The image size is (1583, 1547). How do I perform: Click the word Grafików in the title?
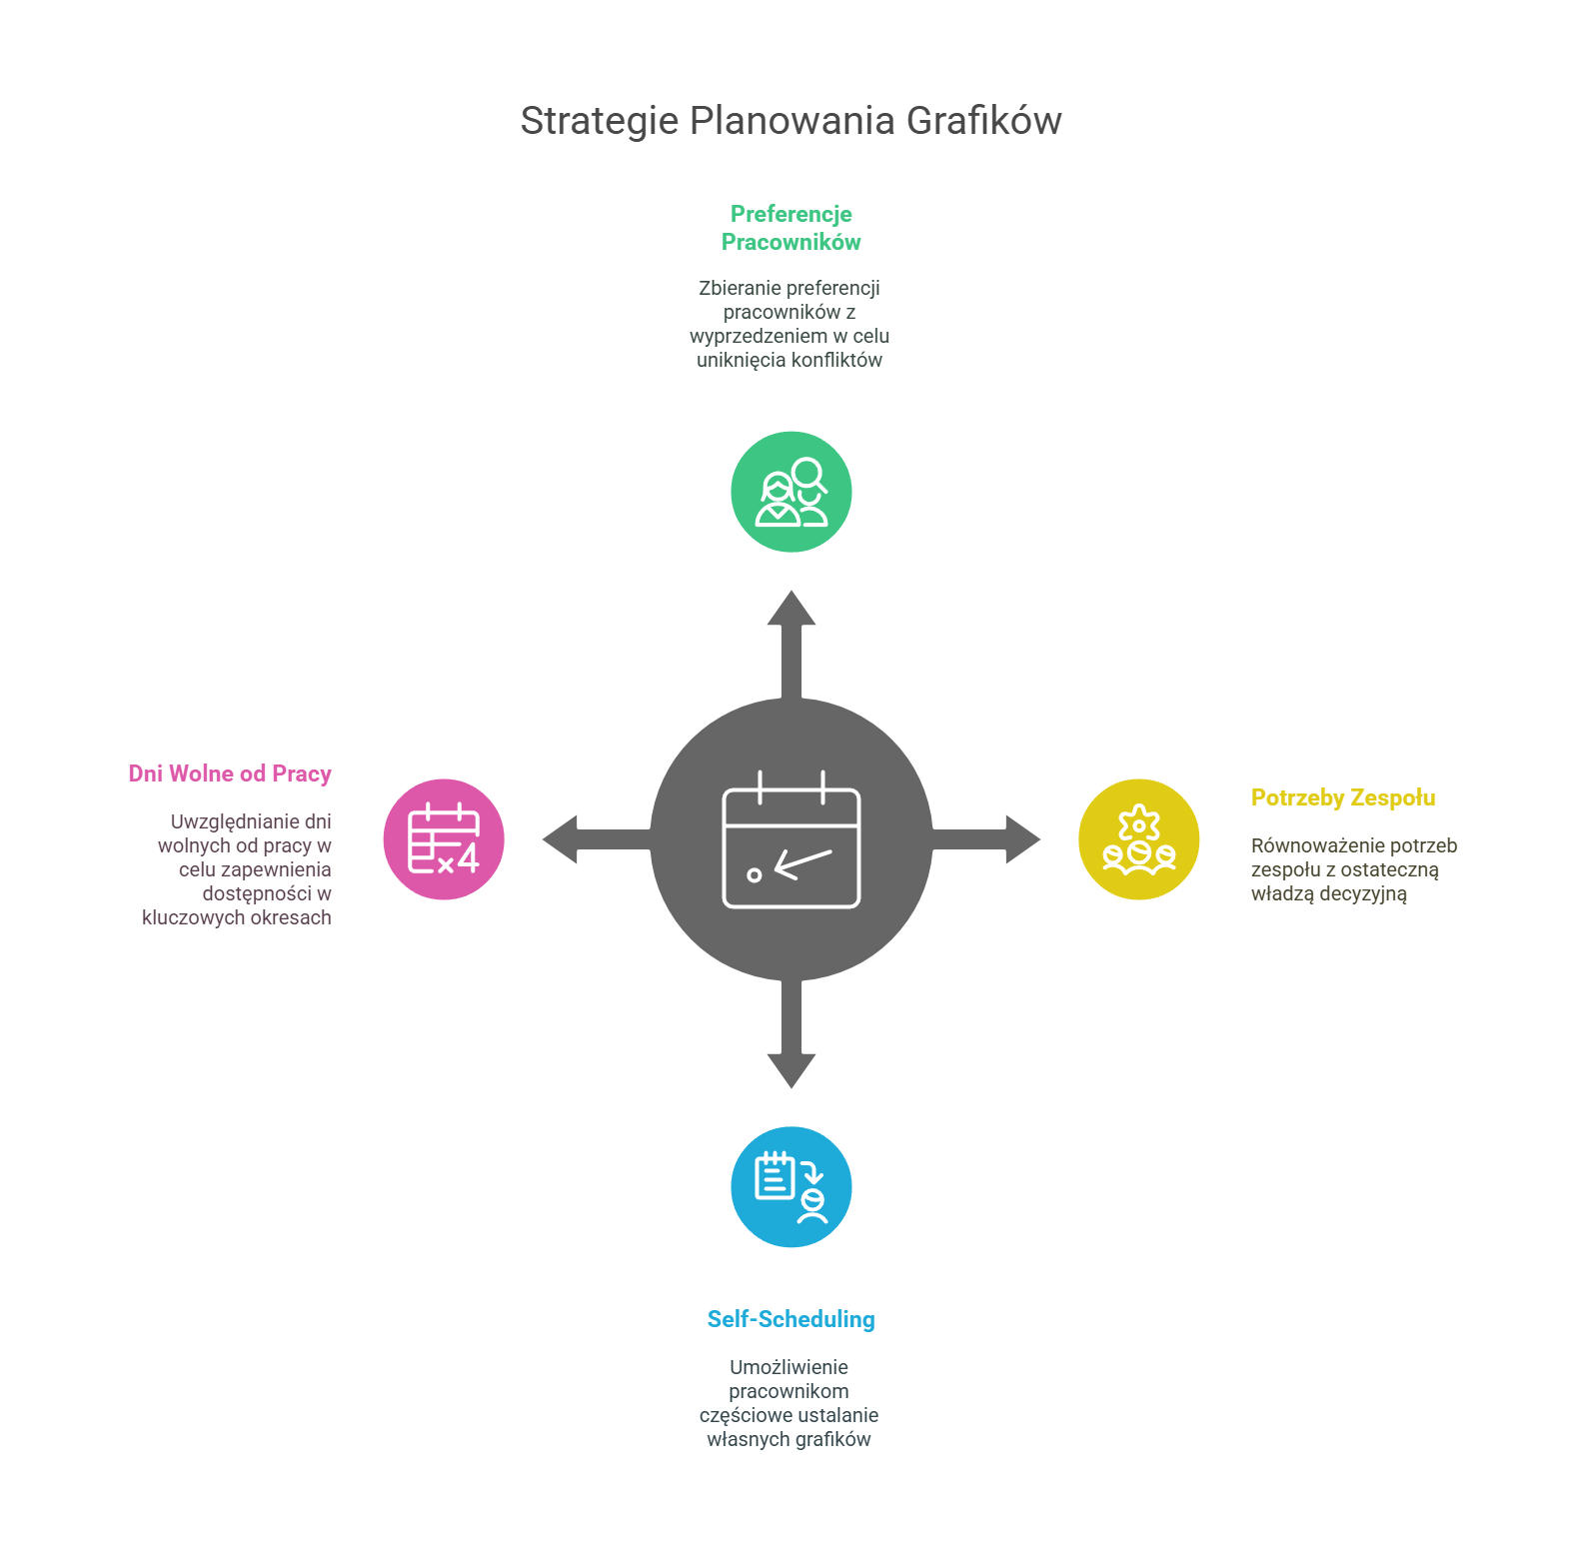point(983,121)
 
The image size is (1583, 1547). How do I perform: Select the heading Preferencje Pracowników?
point(791,228)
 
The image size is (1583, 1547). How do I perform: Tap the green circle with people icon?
point(791,492)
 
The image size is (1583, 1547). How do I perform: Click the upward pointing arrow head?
point(791,607)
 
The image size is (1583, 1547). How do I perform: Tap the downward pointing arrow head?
point(791,1071)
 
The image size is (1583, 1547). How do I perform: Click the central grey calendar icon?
point(791,839)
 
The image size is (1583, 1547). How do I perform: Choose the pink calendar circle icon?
point(444,839)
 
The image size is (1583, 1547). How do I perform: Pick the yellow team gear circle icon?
point(1138,839)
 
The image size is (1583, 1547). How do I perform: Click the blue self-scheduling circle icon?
point(791,1187)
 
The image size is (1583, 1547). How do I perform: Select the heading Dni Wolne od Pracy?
point(230,773)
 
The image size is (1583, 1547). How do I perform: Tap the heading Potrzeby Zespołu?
point(1343,797)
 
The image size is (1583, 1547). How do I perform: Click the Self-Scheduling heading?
point(791,1319)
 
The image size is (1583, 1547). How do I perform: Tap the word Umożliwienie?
point(789,1367)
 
